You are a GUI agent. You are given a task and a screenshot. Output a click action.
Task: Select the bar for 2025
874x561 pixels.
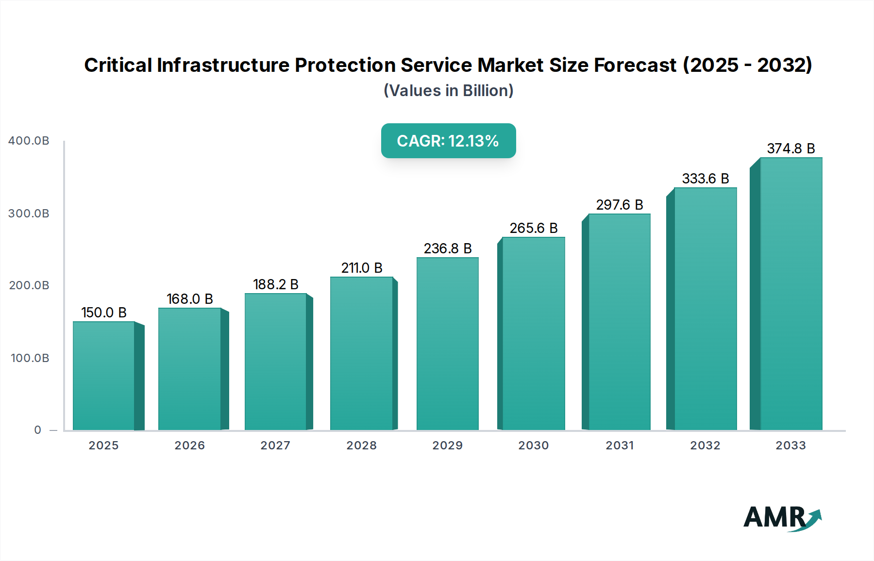pyautogui.click(x=103, y=376)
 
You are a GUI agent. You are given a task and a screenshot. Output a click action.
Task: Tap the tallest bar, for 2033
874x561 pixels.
pyautogui.click(x=790, y=294)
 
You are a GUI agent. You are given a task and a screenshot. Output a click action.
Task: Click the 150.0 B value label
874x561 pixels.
pyautogui.click(x=103, y=313)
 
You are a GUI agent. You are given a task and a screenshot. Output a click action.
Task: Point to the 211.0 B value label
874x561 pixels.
pyautogui.click(x=362, y=268)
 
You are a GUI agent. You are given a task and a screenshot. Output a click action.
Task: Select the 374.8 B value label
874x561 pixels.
pyautogui.click(x=790, y=148)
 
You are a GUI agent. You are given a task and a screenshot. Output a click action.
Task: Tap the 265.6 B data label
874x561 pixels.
pyautogui.click(x=533, y=228)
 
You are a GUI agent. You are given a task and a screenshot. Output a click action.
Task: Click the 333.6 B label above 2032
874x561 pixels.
pyautogui.click(x=705, y=179)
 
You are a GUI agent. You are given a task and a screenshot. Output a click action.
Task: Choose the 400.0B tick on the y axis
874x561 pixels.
pyautogui.click(x=29, y=141)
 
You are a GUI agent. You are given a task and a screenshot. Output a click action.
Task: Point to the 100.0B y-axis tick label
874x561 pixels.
pyautogui.click(x=30, y=358)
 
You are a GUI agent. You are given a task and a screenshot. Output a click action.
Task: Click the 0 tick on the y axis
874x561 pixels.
pyautogui.click(x=38, y=430)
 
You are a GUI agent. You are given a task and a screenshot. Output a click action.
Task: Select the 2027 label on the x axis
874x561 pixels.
pyautogui.click(x=275, y=445)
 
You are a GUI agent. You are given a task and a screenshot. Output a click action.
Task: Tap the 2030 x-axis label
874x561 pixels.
pyautogui.click(x=533, y=445)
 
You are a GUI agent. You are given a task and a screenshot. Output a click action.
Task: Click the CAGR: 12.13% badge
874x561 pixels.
pyautogui.click(x=448, y=141)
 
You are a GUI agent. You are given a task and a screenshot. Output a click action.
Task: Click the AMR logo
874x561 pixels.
pyautogui.click(x=782, y=518)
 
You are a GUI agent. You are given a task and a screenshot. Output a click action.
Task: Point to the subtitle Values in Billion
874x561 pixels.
pyautogui.click(x=448, y=91)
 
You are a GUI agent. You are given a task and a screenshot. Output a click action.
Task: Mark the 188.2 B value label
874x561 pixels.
pyautogui.click(x=275, y=284)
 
